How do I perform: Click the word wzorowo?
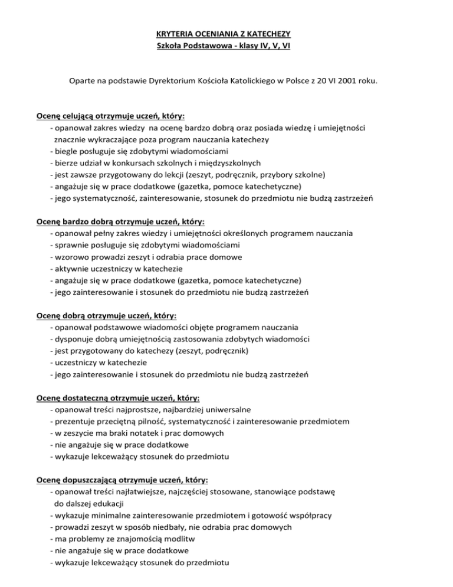click(72, 256)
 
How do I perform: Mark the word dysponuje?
click(77, 338)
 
